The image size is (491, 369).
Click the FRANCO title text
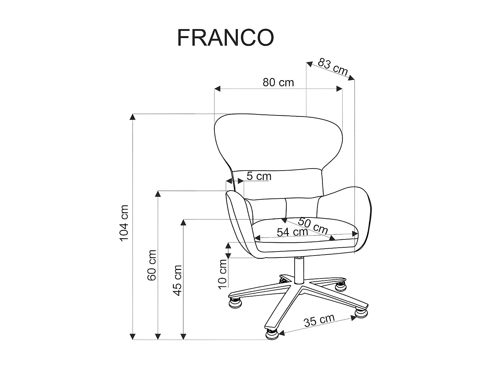pos(225,38)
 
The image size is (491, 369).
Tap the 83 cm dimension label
pos(333,67)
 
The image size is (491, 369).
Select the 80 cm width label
pos(278,82)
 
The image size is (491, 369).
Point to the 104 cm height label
pos(125,223)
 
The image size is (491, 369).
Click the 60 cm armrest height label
pos(152,265)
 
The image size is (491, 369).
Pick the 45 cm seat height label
pos(177,280)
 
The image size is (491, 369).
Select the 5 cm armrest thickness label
pos(259,176)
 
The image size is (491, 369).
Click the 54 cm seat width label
pos(292,232)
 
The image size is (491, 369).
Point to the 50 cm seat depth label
pos(313,225)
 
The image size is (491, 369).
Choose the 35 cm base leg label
pos(319,320)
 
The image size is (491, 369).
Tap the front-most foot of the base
pos(272,334)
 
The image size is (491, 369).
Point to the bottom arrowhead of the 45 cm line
pos(184,337)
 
